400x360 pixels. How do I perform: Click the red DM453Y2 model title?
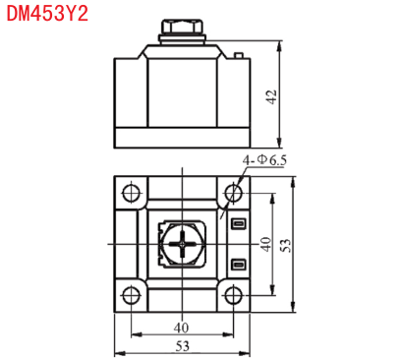click(x=47, y=14)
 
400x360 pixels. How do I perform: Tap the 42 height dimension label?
click(x=272, y=97)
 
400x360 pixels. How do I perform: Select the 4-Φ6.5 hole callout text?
click(x=264, y=160)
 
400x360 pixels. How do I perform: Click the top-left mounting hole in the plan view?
click(x=131, y=193)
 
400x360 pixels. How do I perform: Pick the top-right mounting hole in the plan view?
click(x=234, y=193)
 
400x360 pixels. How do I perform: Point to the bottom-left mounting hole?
click(x=131, y=295)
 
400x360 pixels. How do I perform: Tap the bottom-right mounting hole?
click(x=234, y=295)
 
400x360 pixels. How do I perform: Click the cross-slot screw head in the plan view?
click(x=182, y=244)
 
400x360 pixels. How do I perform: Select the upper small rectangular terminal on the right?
click(x=239, y=224)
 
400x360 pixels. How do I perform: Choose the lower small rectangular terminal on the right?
click(x=239, y=265)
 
